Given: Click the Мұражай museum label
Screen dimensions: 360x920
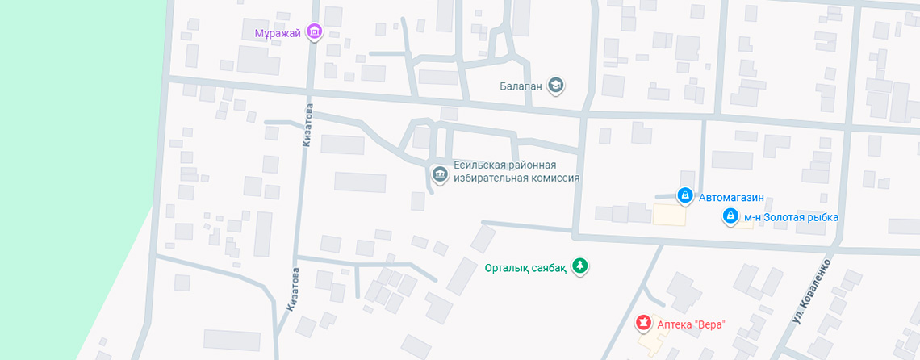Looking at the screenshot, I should (x=278, y=32).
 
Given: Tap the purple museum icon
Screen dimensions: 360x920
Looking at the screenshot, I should (x=315, y=32).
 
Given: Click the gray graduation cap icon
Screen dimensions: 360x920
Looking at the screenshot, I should (x=555, y=85).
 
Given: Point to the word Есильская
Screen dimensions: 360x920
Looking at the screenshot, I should (x=480, y=165).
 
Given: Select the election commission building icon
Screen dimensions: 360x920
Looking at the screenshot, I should (x=439, y=174).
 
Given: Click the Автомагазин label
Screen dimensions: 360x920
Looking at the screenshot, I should (x=731, y=196).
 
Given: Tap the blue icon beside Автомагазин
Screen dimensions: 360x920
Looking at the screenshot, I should (x=684, y=195).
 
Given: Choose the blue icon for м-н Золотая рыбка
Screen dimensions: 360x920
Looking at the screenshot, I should (x=730, y=216).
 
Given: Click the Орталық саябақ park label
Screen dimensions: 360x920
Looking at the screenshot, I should (x=526, y=268).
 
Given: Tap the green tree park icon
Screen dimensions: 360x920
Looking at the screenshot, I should (x=579, y=266).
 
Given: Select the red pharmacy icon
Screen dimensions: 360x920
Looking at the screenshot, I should (x=643, y=324).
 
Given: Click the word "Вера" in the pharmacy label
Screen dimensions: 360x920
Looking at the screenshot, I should (x=709, y=324).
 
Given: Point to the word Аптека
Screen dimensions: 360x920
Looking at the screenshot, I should (x=675, y=324).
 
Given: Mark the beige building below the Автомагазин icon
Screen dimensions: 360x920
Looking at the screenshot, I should (x=670, y=216).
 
